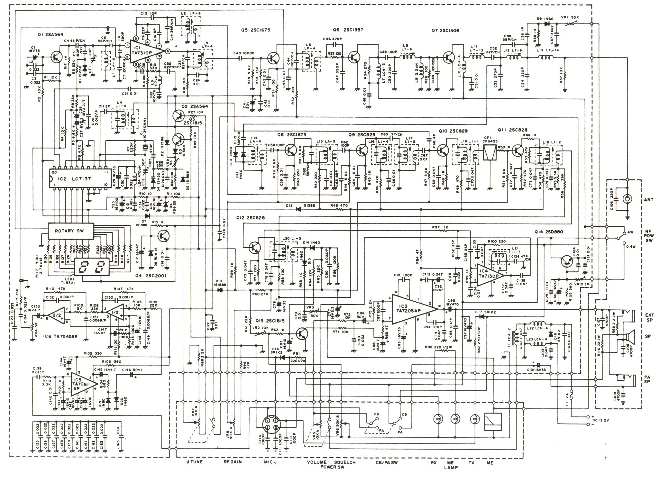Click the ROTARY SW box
(x=70, y=231)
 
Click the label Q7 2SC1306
(x=445, y=31)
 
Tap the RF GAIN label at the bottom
(x=232, y=462)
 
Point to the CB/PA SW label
(x=386, y=462)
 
